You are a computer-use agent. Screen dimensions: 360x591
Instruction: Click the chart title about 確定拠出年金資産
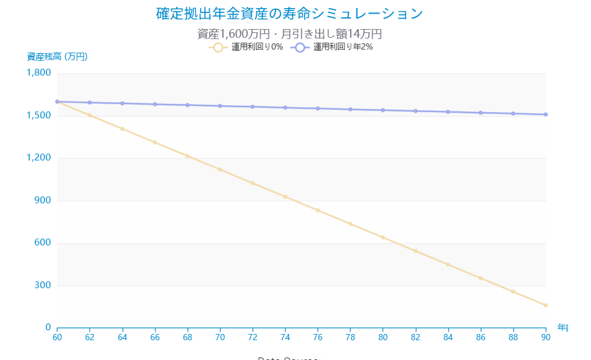click(x=290, y=14)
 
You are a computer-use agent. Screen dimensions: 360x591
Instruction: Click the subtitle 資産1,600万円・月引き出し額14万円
click(x=290, y=33)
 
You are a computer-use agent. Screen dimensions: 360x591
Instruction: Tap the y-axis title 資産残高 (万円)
click(x=57, y=57)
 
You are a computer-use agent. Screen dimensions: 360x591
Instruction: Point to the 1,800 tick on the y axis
click(x=39, y=73)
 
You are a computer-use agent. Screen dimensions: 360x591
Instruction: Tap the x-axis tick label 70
click(x=220, y=337)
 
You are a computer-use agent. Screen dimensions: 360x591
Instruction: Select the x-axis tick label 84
click(x=448, y=337)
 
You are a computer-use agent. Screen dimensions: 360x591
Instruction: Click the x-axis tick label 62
click(x=90, y=337)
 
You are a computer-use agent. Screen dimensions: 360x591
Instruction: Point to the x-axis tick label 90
click(x=546, y=337)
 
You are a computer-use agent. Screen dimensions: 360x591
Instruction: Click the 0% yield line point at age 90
click(x=546, y=305)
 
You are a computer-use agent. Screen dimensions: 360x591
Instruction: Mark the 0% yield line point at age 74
click(x=285, y=197)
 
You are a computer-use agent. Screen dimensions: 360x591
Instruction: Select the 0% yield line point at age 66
click(x=155, y=142)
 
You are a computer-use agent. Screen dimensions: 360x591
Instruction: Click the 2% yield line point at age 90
click(x=546, y=114)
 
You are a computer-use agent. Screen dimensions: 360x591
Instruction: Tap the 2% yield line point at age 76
click(x=317, y=108)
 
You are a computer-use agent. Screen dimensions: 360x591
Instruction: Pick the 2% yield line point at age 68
click(x=188, y=105)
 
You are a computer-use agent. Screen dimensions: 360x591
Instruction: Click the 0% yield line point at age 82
click(x=415, y=251)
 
